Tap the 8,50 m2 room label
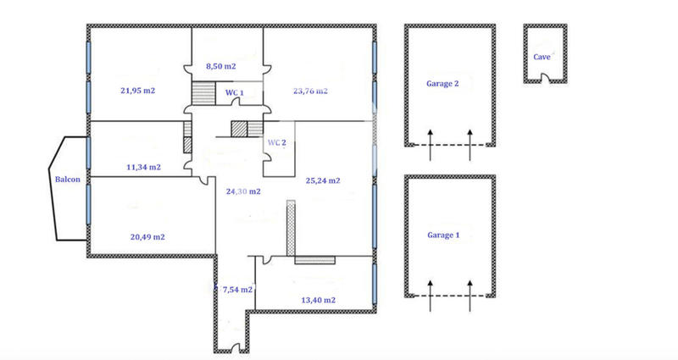tap(221, 65)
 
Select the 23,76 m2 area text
tap(310, 91)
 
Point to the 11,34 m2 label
tap(143, 167)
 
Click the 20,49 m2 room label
tap(147, 236)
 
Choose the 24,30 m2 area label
tap(243, 191)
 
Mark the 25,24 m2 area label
tap(322, 180)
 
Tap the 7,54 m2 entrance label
tap(237, 290)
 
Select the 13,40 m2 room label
tap(319, 300)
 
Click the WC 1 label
tap(235, 92)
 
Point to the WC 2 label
tap(277, 142)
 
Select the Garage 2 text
tap(443, 84)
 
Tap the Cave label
tap(542, 57)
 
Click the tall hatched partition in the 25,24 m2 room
tap(291, 226)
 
